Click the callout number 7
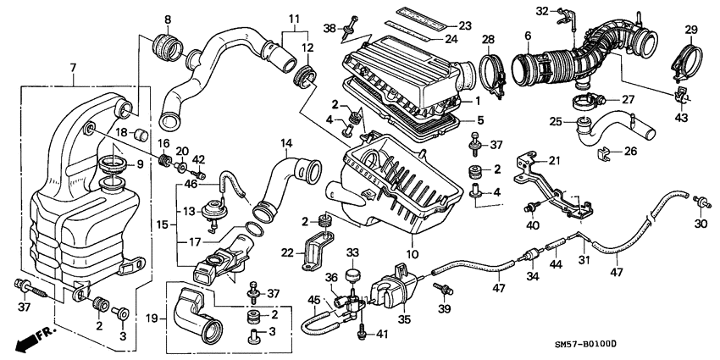click(73, 67)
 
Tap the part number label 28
click(488, 40)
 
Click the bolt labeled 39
click(440, 289)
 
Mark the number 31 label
click(582, 261)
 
